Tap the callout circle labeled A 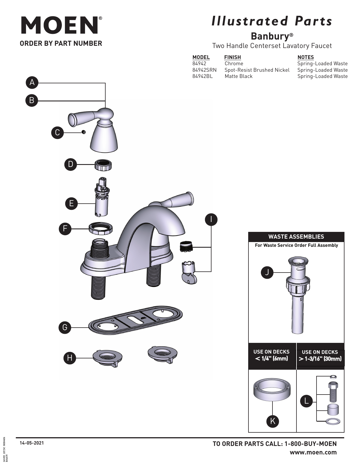pyautogui.click(x=32, y=82)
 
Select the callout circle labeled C pyautogui.click(x=57, y=132)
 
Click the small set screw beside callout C pyautogui.click(x=84, y=132)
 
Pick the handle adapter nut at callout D pyautogui.click(x=103, y=165)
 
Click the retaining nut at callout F pyautogui.click(x=101, y=228)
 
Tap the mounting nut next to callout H pyautogui.click(x=107, y=358)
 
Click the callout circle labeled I pyautogui.click(x=211, y=220)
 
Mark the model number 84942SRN pyautogui.click(x=204, y=70)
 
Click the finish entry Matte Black pyautogui.click(x=239, y=76)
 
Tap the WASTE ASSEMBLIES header pyautogui.click(x=296, y=237)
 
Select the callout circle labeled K pyautogui.click(x=272, y=421)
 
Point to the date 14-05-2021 pyautogui.click(x=32, y=443)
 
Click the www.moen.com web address pyautogui.click(x=313, y=452)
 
